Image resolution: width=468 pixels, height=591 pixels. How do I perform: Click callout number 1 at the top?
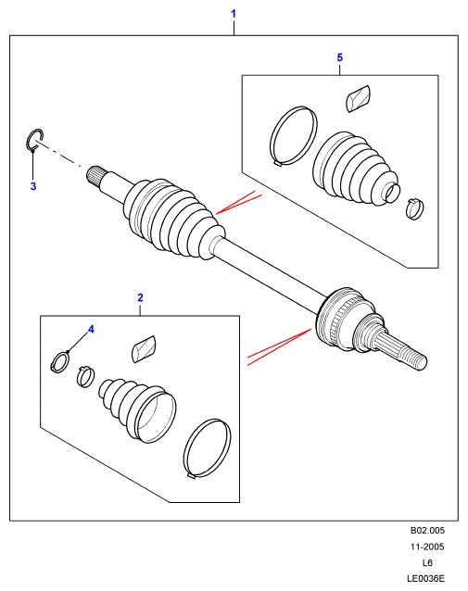[x=234, y=14]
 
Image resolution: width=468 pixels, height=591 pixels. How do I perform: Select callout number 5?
[x=340, y=57]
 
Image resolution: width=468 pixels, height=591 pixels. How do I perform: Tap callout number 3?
[x=33, y=186]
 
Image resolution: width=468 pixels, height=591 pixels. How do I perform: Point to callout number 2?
[x=140, y=297]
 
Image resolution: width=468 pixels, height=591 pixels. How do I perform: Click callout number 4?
[x=91, y=330]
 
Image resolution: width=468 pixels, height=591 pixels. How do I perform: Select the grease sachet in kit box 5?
[x=358, y=98]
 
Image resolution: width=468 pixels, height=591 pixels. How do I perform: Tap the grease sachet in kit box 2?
[x=144, y=349]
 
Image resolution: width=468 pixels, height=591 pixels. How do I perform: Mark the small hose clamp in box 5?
[x=415, y=209]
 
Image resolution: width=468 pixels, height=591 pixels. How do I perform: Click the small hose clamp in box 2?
[x=85, y=376]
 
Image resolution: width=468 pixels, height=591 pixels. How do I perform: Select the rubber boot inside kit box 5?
[x=355, y=168]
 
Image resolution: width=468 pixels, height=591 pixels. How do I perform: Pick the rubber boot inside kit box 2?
[x=138, y=409]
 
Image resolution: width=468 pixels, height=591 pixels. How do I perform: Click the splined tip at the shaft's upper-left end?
[x=95, y=176]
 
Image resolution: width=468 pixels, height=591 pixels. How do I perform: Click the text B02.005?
[x=427, y=530]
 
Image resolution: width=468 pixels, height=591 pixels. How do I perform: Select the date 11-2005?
[x=427, y=547]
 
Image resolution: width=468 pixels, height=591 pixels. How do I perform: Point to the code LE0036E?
[x=425, y=578]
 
